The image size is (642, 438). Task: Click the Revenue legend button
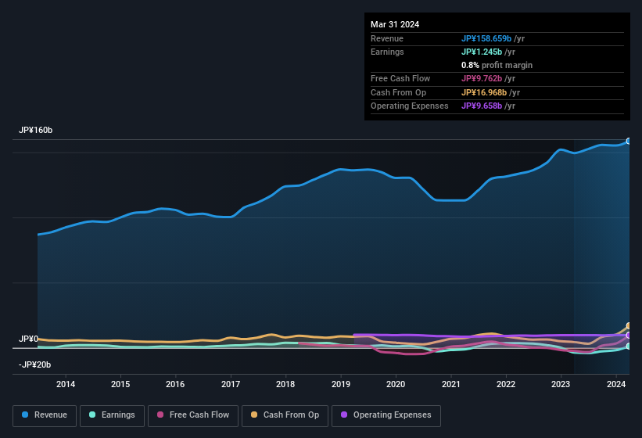click(45, 415)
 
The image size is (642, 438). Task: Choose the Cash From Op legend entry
click(285, 415)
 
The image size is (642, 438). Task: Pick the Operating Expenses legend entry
click(386, 415)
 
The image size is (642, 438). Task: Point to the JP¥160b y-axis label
click(36, 130)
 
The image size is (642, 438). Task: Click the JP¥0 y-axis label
click(28, 339)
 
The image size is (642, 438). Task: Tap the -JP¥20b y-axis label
click(35, 364)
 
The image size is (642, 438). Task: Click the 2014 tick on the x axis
click(66, 384)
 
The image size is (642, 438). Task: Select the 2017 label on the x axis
click(231, 384)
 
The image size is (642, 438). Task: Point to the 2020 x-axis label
click(396, 384)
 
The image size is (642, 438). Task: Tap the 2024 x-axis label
click(616, 384)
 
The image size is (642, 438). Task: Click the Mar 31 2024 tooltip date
click(395, 24)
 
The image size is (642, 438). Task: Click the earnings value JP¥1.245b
click(483, 52)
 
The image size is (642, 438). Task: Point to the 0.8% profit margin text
click(497, 65)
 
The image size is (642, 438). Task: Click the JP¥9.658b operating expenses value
click(483, 106)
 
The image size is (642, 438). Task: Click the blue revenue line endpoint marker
click(629, 142)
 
